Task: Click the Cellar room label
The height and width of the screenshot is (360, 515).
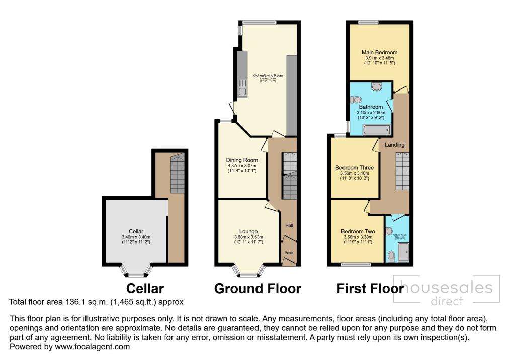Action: click(136, 232)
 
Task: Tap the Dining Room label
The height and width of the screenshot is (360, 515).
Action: click(242, 160)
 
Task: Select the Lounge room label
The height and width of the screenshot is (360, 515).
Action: click(248, 232)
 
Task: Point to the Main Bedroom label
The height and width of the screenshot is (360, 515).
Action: click(379, 52)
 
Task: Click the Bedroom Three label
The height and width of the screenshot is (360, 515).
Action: click(355, 168)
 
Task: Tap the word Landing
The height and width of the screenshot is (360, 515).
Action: click(394, 145)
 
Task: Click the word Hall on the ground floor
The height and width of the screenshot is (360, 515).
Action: click(289, 226)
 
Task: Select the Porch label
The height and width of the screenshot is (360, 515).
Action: click(289, 252)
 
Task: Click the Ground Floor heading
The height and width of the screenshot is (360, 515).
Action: click(257, 289)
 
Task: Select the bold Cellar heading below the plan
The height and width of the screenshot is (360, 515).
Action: click(145, 289)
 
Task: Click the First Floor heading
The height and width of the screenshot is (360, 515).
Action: click(370, 289)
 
